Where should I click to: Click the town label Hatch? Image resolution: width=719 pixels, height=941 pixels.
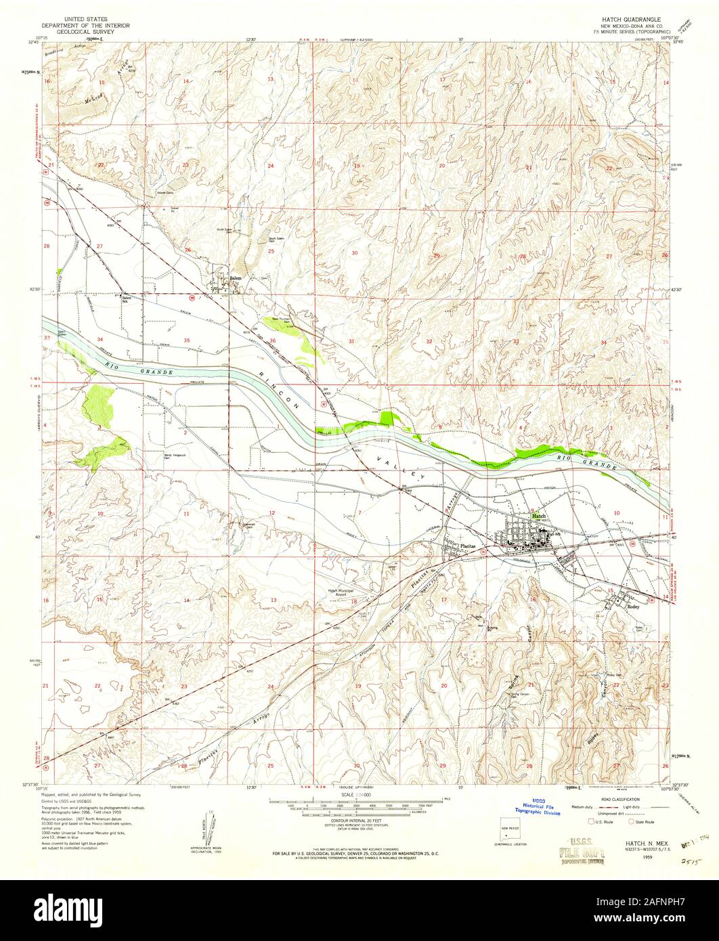(x=539, y=515)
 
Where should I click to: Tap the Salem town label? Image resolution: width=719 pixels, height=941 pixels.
(x=236, y=278)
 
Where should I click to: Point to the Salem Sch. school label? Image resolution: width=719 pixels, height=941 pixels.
(x=127, y=299)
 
